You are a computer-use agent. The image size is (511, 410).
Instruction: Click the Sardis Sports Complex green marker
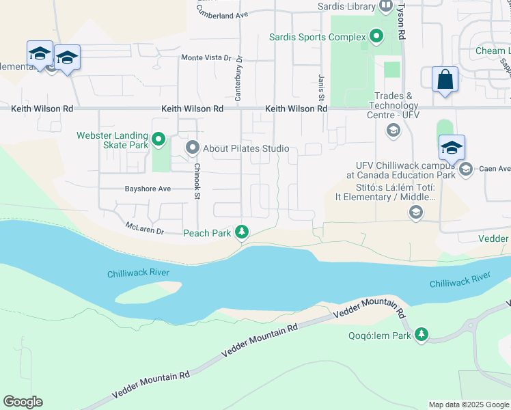click(376, 36)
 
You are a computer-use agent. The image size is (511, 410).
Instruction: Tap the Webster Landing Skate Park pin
click(158, 141)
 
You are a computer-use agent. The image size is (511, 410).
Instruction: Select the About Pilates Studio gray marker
click(193, 148)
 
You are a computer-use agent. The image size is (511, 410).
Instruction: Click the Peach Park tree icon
click(241, 233)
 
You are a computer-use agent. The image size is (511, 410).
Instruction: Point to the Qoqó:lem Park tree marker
click(422, 335)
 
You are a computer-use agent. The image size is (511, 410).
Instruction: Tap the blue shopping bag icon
click(445, 80)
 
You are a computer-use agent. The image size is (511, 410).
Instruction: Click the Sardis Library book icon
click(385, 6)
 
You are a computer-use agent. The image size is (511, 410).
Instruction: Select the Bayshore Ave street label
click(148, 189)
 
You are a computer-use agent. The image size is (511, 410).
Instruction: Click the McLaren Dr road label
click(145, 228)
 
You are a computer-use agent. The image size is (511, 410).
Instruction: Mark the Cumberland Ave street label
click(222, 14)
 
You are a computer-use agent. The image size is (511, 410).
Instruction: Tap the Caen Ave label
click(495, 169)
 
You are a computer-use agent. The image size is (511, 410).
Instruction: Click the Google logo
click(23, 402)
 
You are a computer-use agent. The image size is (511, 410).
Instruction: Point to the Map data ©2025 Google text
click(468, 405)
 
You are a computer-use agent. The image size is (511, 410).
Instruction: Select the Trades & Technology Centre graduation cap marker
click(393, 130)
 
